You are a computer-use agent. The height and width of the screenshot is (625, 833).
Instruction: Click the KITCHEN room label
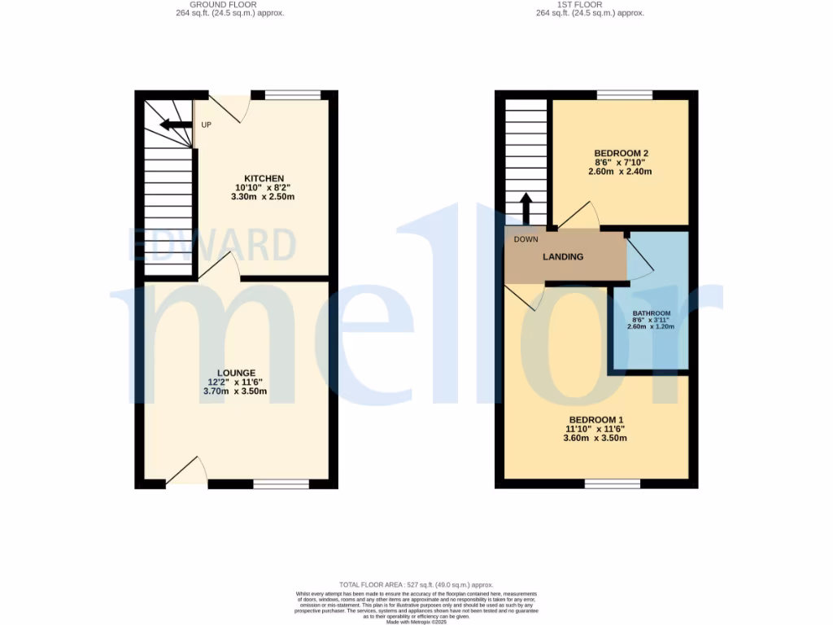click(x=264, y=178)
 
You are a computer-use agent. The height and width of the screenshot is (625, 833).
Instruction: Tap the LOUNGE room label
click(x=236, y=373)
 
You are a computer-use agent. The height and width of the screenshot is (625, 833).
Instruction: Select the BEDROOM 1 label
click(x=595, y=420)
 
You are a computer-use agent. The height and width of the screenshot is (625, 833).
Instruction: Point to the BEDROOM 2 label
click(x=621, y=153)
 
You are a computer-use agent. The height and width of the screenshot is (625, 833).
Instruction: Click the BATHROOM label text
click(x=652, y=314)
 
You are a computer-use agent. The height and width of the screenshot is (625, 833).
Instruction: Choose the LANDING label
click(x=563, y=257)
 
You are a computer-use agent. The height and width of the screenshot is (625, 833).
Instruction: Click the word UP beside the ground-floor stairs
click(x=207, y=125)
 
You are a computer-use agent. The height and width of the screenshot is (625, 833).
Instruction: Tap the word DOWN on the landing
click(x=526, y=239)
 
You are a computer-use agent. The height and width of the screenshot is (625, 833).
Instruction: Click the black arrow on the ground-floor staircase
click(x=175, y=125)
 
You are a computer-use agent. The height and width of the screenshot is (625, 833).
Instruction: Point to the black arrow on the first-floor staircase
click(x=526, y=208)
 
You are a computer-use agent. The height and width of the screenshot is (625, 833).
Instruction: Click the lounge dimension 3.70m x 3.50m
click(x=235, y=391)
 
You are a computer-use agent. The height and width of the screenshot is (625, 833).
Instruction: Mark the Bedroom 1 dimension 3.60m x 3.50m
click(x=595, y=439)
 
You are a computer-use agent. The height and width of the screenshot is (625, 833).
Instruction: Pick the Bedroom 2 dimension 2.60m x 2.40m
click(x=621, y=172)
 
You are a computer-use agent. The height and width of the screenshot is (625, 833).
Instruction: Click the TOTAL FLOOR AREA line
click(x=416, y=585)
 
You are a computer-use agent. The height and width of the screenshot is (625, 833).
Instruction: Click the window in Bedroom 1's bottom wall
click(x=612, y=484)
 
